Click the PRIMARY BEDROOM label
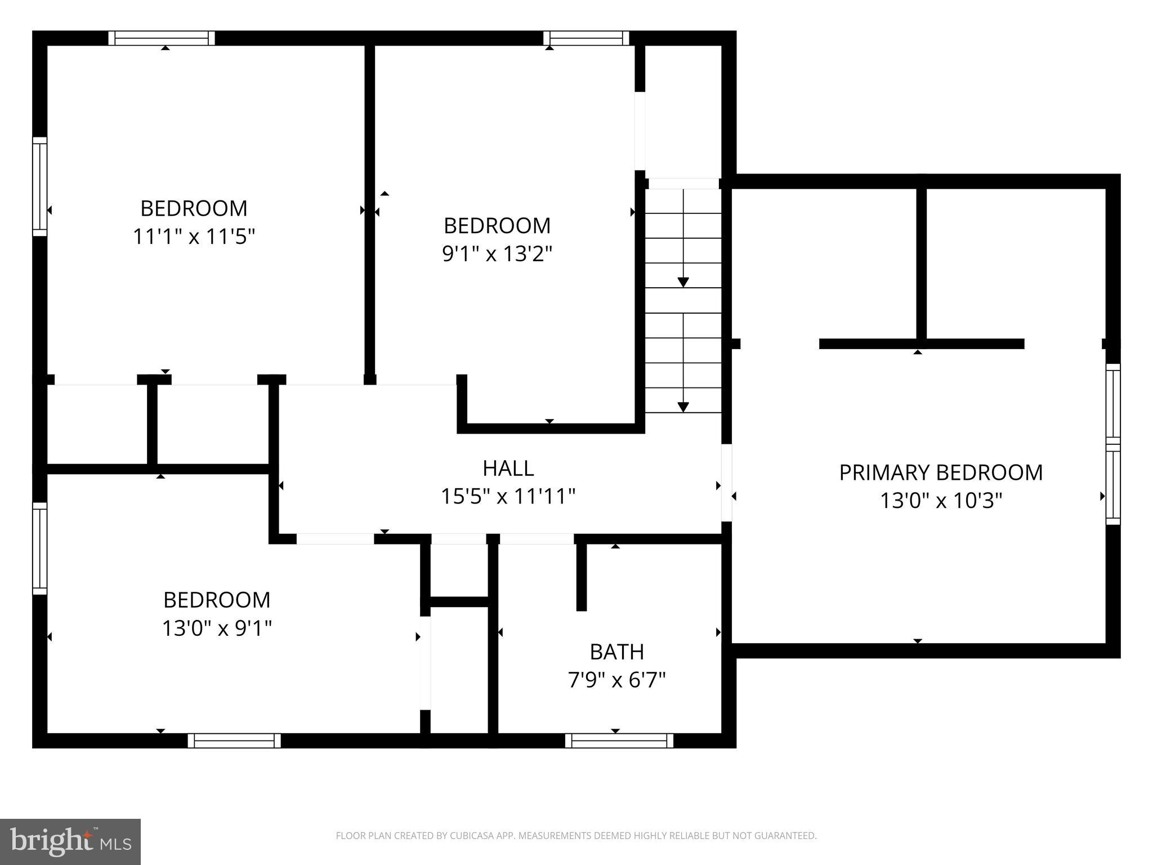[941, 472]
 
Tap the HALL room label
[508, 468]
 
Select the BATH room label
[616, 652]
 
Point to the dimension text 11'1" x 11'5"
[194, 237]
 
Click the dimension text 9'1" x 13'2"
[497, 254]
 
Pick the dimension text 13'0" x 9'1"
[217, 628]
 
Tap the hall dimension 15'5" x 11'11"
[508, 497]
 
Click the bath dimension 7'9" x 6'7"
[616, 680]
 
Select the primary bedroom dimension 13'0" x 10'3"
[941, 500]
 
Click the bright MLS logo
[70, 842]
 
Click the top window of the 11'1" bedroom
[162, 38]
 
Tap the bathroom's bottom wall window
[619, 741]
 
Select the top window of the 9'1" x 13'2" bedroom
[586, 38]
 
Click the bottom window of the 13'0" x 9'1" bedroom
[234, 741]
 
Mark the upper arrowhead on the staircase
[683, 282]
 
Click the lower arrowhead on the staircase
[683, 407]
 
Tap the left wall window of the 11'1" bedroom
[39, 186]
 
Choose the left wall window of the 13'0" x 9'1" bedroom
[39, 548]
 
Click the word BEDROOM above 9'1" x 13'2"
[497, 226]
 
